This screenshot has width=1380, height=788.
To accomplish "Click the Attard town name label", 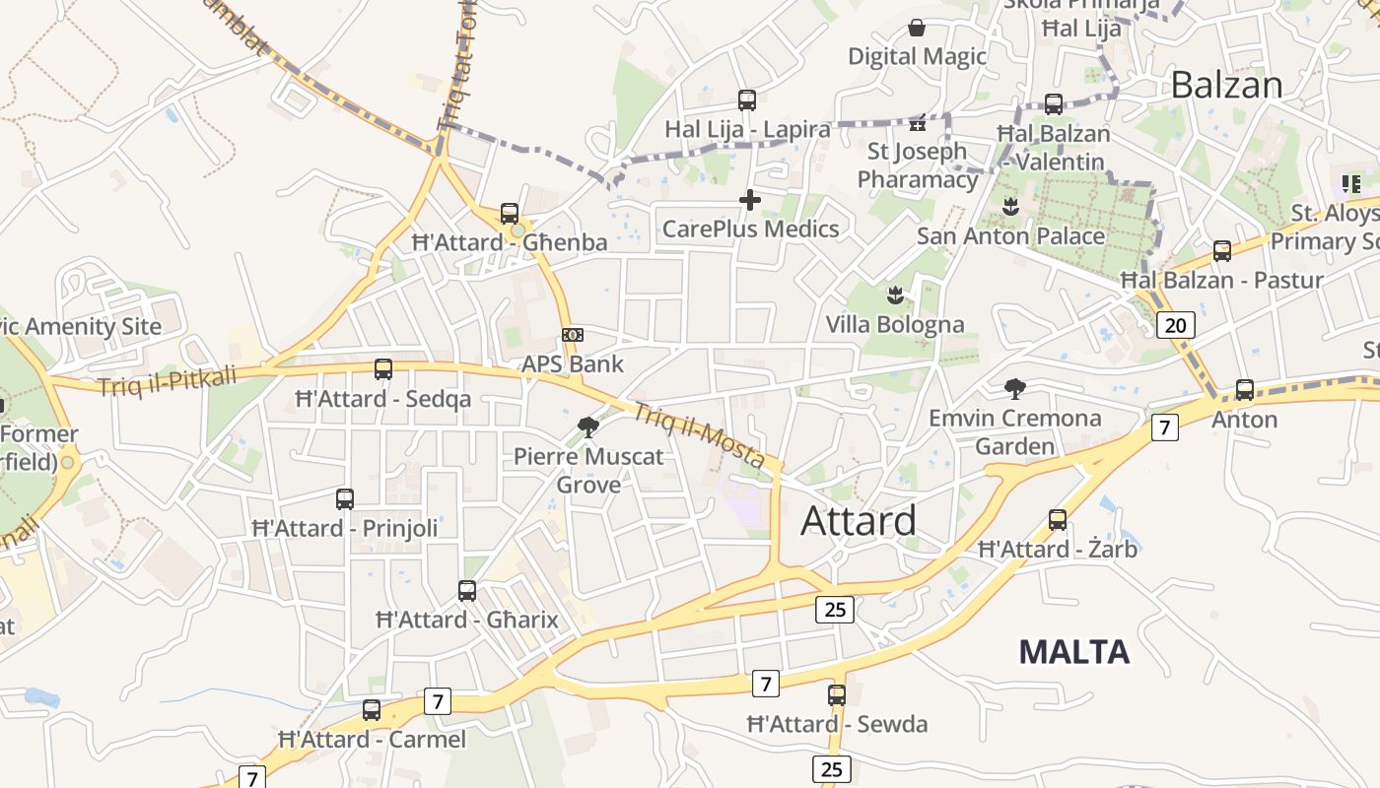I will pos(858,520).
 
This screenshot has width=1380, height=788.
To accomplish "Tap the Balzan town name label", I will pos(1226,85).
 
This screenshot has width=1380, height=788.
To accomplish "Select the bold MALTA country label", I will pos(1073,651).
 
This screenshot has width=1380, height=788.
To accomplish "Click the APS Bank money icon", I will pos(573,335).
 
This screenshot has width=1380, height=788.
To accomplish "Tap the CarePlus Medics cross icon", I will pos(750,200).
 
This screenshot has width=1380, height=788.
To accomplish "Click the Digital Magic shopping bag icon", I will pos(917,28).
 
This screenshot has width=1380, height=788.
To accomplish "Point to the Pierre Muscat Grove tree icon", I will pos(588,427).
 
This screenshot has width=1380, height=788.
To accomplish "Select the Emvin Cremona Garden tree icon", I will pos(1014,389).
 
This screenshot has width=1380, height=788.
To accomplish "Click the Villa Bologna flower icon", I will pos(895,295).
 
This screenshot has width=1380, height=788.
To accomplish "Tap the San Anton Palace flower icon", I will pos(1010,207).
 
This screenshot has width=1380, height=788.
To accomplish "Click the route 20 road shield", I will pos(1176,325).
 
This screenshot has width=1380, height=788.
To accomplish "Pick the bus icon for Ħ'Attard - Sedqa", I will pos(383,369).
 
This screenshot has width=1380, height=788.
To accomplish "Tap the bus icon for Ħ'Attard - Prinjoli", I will pos(345,498).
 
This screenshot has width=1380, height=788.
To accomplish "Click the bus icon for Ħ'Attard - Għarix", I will pos(467,591).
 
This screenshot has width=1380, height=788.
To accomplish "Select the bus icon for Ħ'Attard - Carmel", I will pos(372,709).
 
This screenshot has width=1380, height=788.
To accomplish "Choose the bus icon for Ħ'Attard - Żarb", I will pos(1058,519).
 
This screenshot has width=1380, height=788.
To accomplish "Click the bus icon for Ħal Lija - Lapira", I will pos(747,99).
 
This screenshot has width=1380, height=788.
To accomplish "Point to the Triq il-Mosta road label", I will pos(698,435).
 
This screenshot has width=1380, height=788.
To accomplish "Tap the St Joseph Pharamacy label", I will pos(917,164).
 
